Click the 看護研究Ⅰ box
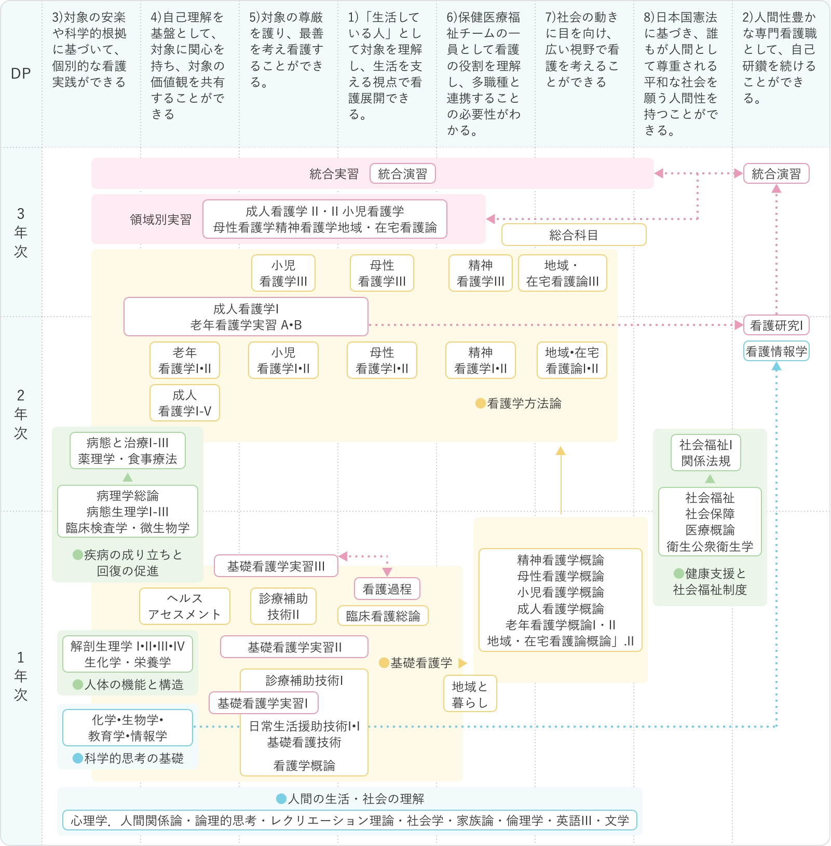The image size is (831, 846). (x=776, y=325)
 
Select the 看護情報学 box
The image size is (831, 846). (x=776, y=351)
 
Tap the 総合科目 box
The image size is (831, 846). (x=574, y=235)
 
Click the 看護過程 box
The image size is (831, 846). (x=387, y=589)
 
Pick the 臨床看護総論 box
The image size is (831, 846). (x=383, y=616)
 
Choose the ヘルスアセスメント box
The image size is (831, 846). (x=185, y=606)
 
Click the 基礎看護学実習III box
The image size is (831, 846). (x=276, y=566)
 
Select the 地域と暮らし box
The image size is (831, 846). (x=470, y=694)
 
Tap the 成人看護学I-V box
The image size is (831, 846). (x=185, y=403)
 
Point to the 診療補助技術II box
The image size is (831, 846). (x=283, y=606)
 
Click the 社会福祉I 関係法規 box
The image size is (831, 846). (x=706, y=453)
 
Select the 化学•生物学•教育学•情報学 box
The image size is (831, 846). (x=128, y=728)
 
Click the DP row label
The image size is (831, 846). (x=21, y=74)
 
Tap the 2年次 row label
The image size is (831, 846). (x=21, y=414)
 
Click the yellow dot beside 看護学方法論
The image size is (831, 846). (x=481, y=403)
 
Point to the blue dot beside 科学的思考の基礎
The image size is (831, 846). (x=78, y=758)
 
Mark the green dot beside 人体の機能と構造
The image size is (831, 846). (x=78, y=685)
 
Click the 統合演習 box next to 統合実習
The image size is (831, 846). (x=402, y=174)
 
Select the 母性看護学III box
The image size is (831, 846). (x=382, y=273)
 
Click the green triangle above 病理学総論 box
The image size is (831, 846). (x=128, y=477)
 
